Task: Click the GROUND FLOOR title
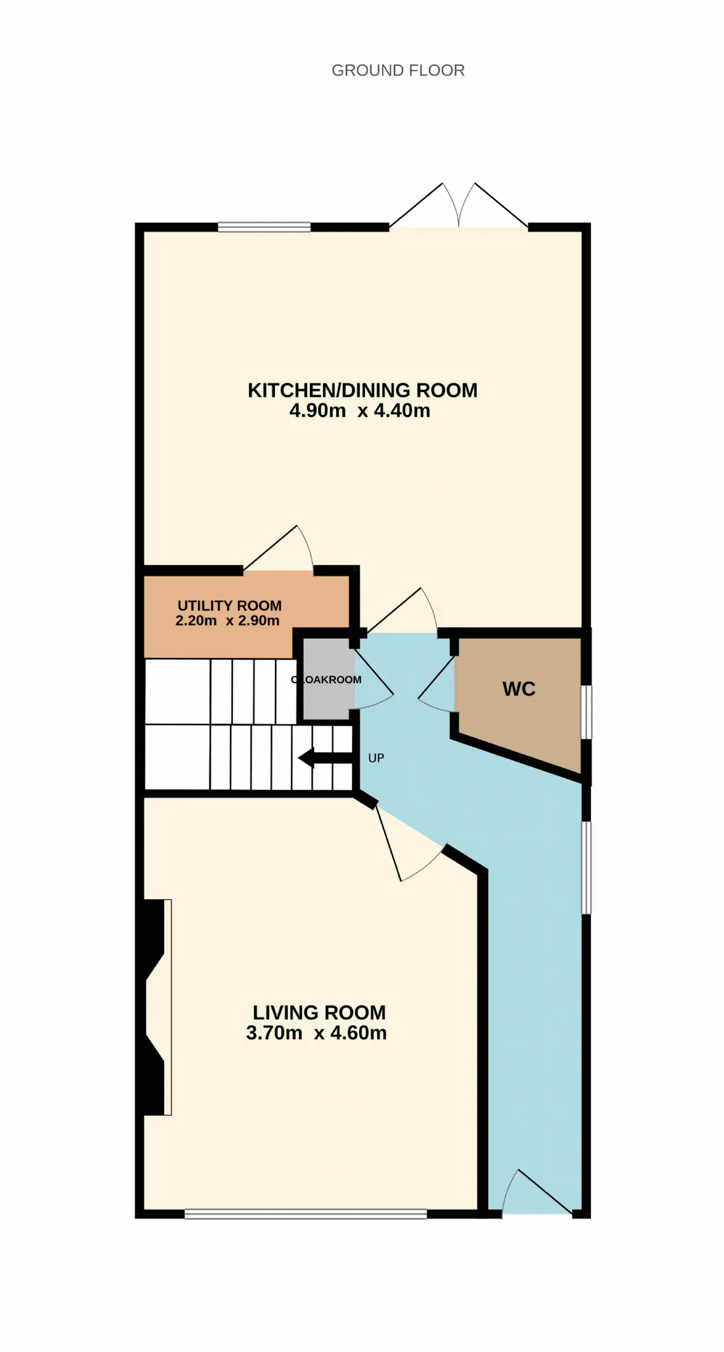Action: tap(398, 70)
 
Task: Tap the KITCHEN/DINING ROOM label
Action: tap(363, 390)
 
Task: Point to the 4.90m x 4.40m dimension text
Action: tap(360, 410)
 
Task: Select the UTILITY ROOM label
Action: tap(230, 605)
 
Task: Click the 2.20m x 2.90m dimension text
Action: tap(227, 621)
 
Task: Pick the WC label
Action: tap(519, 688)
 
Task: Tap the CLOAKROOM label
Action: tap(326, 679)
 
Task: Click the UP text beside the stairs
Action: tap(376, 758)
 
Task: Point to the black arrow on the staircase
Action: tap(325, 758)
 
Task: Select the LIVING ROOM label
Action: tap(319, 1012)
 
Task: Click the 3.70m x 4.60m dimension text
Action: tap(316, 1033)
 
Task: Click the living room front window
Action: tap(305, 1214)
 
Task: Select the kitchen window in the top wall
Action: tap(264, 227)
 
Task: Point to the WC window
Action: tap(587, 712)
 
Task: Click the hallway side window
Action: tap(587, 867)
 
